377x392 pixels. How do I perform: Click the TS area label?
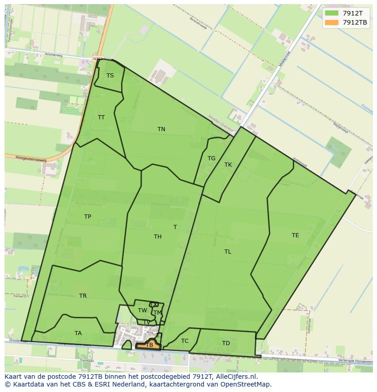tap(110, 76)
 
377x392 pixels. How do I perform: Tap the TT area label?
tap(101, 117)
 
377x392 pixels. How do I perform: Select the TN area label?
tap(161, 129)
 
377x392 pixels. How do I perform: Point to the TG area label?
tap(211, 158)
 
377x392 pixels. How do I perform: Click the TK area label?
tap(228, 165)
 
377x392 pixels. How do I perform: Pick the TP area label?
tap(87, 217)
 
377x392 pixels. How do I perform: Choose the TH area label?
tap(158, 237)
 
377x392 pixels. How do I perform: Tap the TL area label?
tap(228, 252)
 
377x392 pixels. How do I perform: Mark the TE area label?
tap(295, 235)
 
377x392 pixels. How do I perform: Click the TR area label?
tap(83, 296)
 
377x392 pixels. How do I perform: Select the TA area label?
tap(78, 333)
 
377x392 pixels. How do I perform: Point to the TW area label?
tap(143, 311)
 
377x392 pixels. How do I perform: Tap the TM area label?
tap(158, 313)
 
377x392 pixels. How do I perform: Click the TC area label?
tap(185, 341)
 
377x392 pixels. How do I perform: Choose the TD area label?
tap(226, 343)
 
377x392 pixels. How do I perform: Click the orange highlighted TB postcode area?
tap(149, 345)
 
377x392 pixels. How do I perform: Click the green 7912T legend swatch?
tap(331, 13)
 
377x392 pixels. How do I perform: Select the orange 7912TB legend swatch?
tap(331, 22)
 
